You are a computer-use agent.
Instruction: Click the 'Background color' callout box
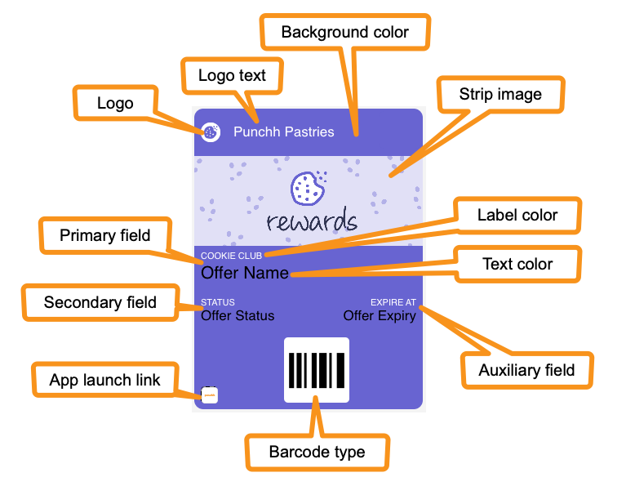coord(345,33)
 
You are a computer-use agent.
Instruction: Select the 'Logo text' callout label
coord(232,76)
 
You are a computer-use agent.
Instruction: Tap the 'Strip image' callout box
coord(500,95)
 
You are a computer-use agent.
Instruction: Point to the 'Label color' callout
coord(517,216)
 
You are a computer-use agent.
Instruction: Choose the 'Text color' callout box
coord(517,265)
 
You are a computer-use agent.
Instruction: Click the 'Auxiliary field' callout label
coord(527,371)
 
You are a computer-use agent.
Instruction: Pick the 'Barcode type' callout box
coord(317,452)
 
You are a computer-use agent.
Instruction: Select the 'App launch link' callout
coord(105,380)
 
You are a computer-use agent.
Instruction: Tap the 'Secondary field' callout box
coord(100,303)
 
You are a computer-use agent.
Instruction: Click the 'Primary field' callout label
coord(105,235)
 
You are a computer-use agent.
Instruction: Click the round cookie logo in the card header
coord(211,132)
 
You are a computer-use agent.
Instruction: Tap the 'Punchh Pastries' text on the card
coord(284,132)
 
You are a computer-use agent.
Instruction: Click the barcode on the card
coord(317,370)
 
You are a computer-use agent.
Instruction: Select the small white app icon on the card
coord(210,395)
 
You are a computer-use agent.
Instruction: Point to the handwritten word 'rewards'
coord(312,220)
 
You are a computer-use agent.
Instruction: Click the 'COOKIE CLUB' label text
coord(231,256)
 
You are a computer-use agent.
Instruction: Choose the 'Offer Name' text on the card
coord(245,273)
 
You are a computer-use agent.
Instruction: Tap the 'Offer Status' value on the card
coord(238,316)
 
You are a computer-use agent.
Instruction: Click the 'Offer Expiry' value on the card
coord(380,316)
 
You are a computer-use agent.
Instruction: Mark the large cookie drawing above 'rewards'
coord(309,188)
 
